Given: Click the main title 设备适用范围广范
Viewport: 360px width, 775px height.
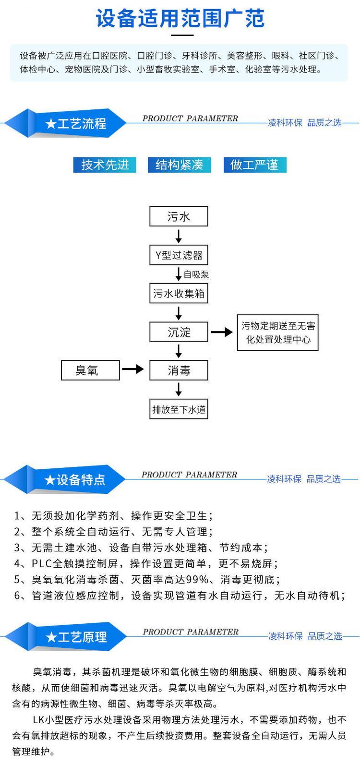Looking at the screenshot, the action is coord(180,18).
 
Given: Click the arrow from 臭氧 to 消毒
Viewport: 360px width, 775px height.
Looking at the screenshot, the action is coord(133,369).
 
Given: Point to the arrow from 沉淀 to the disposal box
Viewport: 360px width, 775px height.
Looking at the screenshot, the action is coord(222,332).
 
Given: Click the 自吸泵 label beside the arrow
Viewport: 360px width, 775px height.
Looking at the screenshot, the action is coord(196,274).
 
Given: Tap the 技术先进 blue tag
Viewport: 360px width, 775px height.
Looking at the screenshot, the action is coord(105,165).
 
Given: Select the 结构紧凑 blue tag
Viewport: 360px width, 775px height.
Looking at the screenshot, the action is coord(180,165).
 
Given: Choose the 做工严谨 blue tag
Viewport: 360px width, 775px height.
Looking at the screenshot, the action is coord(254,165).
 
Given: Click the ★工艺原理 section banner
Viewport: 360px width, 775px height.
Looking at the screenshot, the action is coord(65,637).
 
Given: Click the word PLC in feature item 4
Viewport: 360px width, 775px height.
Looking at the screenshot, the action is coord(42,563).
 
